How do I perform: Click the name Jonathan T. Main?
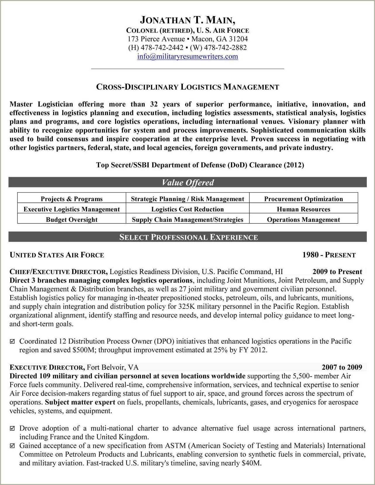coord(187,20)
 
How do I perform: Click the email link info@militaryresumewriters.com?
coord(187,56)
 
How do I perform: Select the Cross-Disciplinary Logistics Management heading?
coord(187,87)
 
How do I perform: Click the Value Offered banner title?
coord(187,183)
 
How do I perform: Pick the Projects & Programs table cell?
coord(72,199)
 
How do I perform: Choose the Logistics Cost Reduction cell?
coord(187,209)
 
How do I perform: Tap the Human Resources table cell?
coord(303,209)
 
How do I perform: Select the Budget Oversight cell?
coord(72,220)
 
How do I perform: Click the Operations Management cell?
coord(303,220)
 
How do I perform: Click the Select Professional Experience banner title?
coord(188,237)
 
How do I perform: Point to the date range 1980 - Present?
coord(329,255)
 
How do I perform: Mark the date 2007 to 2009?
coord(342,367)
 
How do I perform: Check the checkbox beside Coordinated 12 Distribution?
coord(12,342)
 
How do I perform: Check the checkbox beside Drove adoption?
coord(12,429)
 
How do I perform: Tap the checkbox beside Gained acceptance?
coord(12,446)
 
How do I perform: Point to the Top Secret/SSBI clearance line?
coord(200,165)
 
